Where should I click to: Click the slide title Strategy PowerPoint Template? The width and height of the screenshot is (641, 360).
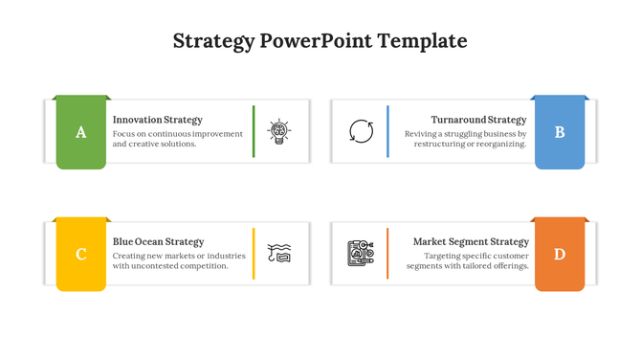click(x=320, y=41)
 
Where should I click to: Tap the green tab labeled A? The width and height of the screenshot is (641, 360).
click(x=80, y=132)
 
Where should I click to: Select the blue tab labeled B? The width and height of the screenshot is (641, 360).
click(x=560, y=132)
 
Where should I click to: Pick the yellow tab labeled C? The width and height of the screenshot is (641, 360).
click(x=80, y=254)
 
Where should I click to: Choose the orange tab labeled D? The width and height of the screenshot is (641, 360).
click(x=560, y=254)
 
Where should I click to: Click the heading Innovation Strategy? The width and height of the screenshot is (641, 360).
click(x=157, y=120)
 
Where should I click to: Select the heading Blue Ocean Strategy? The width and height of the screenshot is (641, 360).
click(x=158, y=242)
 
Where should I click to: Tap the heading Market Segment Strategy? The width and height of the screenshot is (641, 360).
click(x=471, y=242)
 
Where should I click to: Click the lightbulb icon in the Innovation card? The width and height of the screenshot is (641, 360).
click(x=279, y=132)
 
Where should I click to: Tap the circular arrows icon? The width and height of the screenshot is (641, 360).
click(x=362, y=131)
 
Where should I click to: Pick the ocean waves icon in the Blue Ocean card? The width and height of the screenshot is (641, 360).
click(x=279, y=253)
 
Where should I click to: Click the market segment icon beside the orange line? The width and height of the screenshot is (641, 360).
click(x=361, y=253)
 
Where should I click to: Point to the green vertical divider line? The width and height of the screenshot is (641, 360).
click(x=254, y=131)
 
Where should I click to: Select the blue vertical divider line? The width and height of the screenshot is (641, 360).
click(x=387, y=131)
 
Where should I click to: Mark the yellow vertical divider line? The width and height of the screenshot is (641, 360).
click(x=254, y=254)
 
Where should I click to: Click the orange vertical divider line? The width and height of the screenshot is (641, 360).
click(x=387, y=254)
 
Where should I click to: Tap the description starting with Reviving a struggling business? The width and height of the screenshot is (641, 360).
click(x=465, y=139)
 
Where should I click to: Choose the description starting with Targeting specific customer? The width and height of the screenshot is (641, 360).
click(x=470, y=260)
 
